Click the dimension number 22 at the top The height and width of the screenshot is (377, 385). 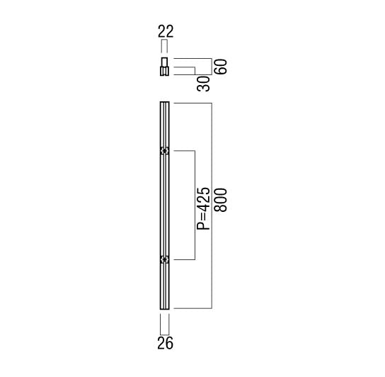[x=166, y=31]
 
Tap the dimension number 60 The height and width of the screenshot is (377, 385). [x=221, y=67]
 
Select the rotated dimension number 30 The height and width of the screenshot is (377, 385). [x=204, y=84]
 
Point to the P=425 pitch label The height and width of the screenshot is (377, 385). [x=204, y=208]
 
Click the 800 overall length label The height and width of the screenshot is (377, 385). [x=221, y=200]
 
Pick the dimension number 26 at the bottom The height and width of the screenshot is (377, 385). [x=165, y=343]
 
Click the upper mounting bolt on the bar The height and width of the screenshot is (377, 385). [x=164, y=151]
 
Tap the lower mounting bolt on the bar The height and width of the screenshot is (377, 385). [x=164, y=259]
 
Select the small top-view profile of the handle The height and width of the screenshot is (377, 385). [x=164, y=67]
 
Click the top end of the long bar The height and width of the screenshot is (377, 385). [x=164, y=102]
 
